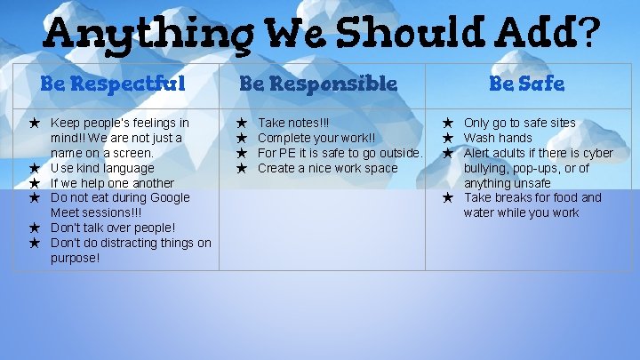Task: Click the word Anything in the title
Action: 124,35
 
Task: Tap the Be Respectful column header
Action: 113,84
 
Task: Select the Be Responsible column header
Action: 318,84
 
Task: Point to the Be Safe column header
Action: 526,84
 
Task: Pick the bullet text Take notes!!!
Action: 293,123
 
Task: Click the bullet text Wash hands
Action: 498,138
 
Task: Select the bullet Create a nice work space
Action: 327,168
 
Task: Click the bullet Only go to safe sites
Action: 519,123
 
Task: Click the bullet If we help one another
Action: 112,183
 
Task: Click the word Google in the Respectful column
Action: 170,197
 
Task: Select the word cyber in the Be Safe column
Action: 596,153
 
